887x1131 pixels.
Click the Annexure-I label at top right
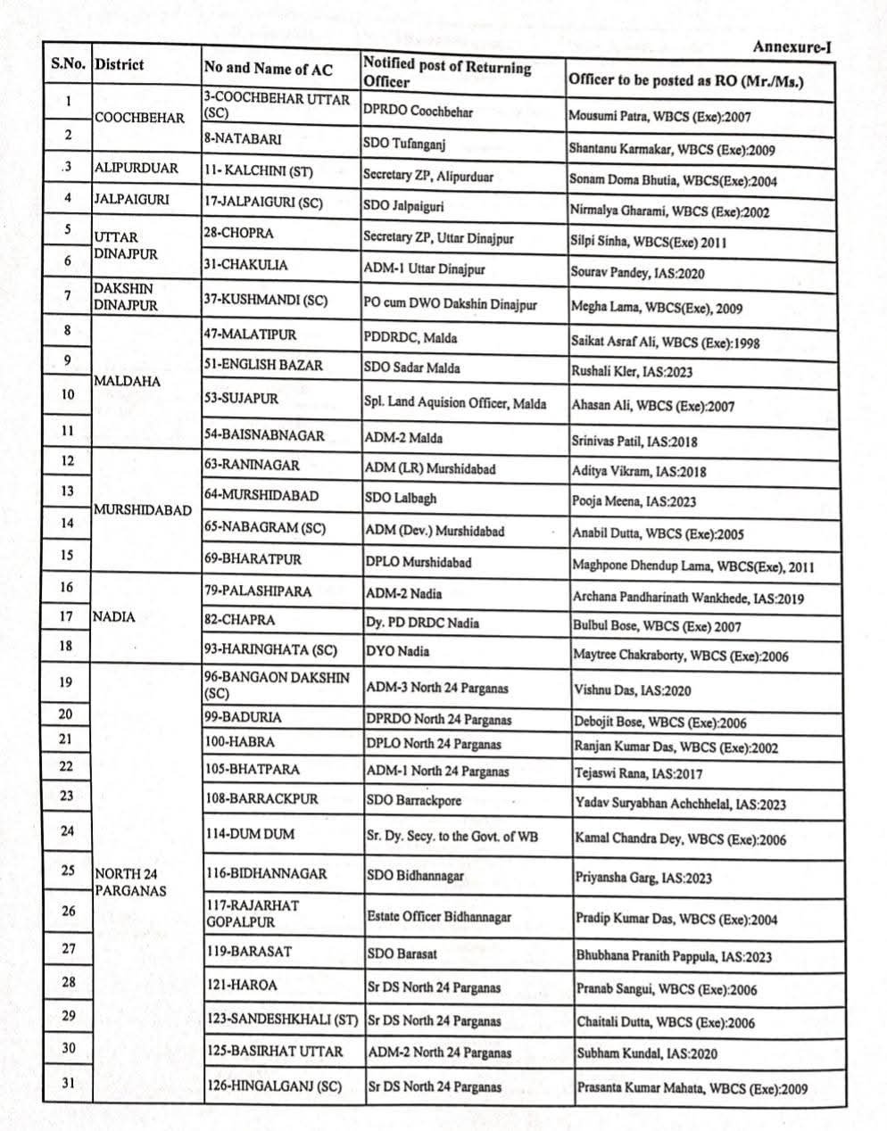point(792,47)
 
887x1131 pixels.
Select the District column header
point(119,65)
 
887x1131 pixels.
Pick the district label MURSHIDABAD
point(143,511)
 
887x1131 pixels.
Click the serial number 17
point(66,616)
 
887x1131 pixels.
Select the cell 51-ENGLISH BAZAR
point(263,366)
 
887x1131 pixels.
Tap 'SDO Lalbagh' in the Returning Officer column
point(401,499)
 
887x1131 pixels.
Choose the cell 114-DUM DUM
point(250,835)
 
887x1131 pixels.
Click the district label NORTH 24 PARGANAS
point(130,882)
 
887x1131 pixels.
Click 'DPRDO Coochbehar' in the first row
point(418,112)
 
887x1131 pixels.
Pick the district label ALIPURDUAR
point(136,169)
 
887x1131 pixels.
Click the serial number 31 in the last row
point(66,1085)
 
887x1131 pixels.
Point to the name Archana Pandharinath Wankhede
point(690,598)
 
